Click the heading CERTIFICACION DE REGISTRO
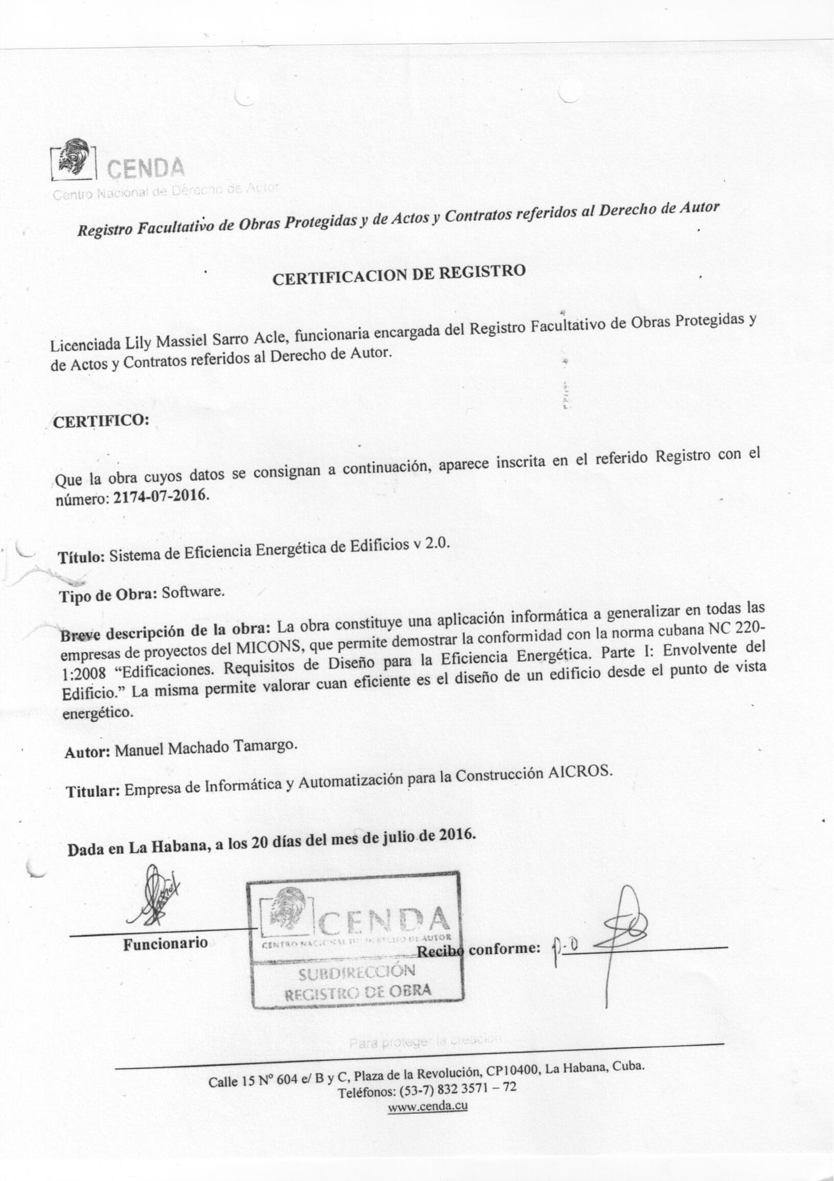pyautogui.click(x=399, y=274)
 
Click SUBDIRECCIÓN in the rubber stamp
pyautogui.click(x=357, y=972)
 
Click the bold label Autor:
pyautogui.click(x=87, y=753)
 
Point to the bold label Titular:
pyautogui.click(x=92, y=792)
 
